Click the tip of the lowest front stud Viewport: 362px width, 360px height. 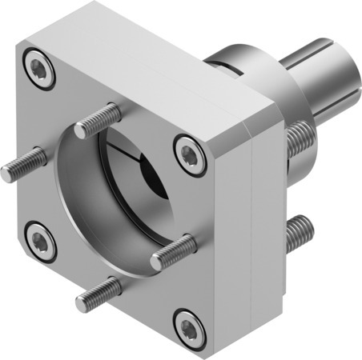tap(81, 304)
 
